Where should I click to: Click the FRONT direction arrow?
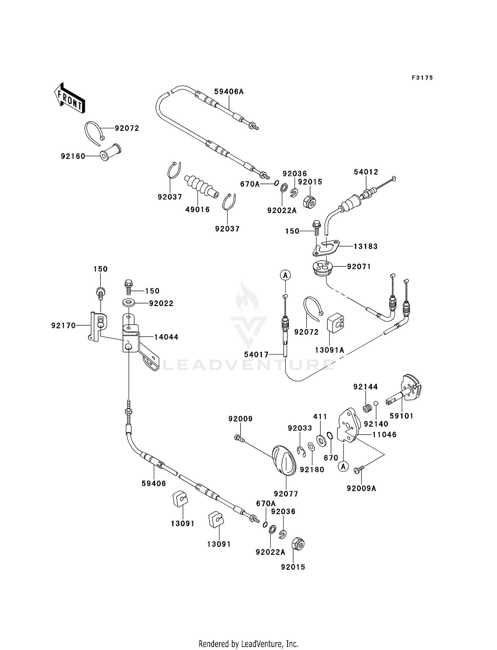(70, 98)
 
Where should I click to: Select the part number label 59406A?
(229, 91)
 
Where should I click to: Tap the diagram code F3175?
(422, 78)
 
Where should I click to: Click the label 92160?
(73, 156)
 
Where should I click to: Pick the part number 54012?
(366, 172)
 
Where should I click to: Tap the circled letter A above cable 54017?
(285, 275)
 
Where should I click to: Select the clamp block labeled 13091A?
(336, 322)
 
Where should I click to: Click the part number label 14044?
(166, 337)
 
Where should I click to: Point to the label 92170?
(64, 326)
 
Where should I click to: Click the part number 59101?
(402, 416)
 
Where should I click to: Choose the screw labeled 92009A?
(359, 469)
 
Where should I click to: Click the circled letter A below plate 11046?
(343, 467)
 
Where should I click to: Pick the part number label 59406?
(154, 483)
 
